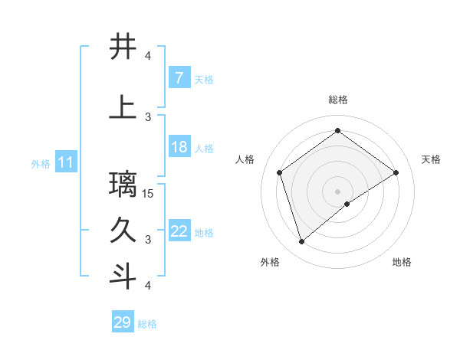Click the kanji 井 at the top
point(123,47)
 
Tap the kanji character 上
point(123,108)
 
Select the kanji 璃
point(123,185)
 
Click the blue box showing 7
point(179,78)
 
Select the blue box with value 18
point(179,147)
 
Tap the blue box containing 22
point(179,231)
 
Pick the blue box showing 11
point(65,162)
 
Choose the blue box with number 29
point(123,322)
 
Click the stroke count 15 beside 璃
point(149,194)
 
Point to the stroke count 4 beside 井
point(148,56)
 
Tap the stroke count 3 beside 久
point(148,240)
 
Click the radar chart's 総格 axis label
point(338,100)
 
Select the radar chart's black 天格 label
point(431,159)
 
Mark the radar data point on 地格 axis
point(347,204)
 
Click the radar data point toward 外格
point(301,242)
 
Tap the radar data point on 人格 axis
point(280,172)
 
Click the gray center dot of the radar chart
point(338,191)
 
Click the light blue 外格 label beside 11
point(40,163)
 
